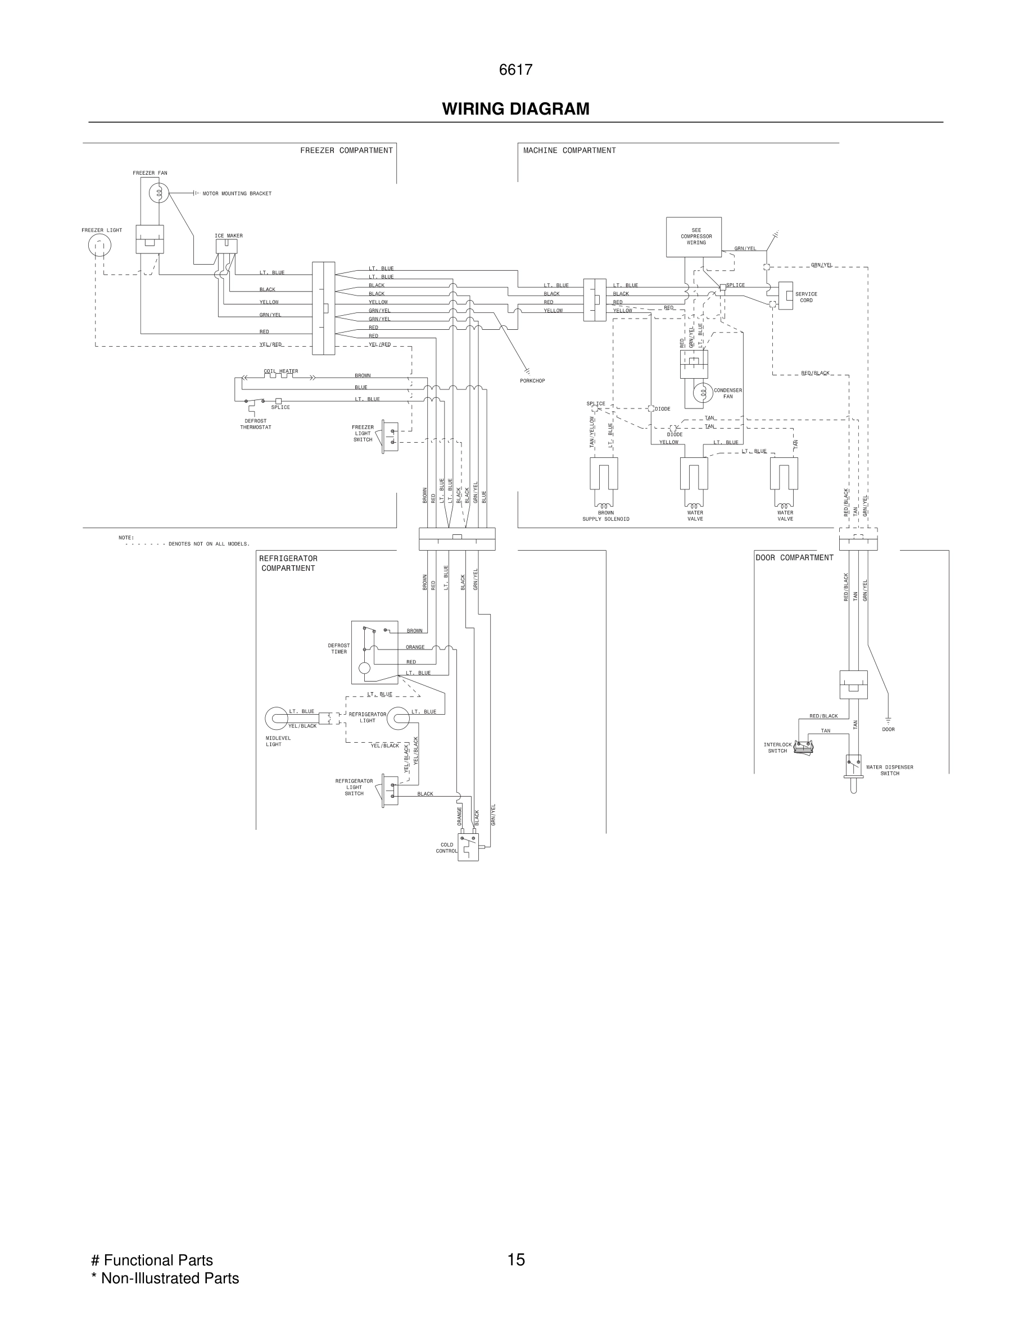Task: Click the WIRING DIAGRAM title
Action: click(515, 109)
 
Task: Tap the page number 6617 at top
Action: click(515, 70)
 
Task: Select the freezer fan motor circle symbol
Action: click(159, 193)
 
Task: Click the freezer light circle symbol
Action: click(99, 246)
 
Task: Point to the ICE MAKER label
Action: click(229, 235)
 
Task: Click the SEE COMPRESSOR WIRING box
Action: click(693, 237)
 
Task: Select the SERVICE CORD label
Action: click(806, 297)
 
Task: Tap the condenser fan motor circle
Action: click(703, 392)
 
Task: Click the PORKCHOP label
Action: click(532, 381)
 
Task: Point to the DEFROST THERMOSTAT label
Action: click(256, 424)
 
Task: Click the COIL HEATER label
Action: click(280, 371)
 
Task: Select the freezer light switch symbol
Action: click(390, 436)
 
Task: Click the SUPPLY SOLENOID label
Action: click(605, 519)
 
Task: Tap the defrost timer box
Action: click(374, 652)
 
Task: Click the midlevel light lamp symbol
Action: click(277, 718)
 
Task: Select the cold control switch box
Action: click(468, 847)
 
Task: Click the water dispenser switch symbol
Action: click(853, 768)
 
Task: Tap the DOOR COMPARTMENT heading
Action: click(794, 557)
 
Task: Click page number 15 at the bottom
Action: click(515, 1259)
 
